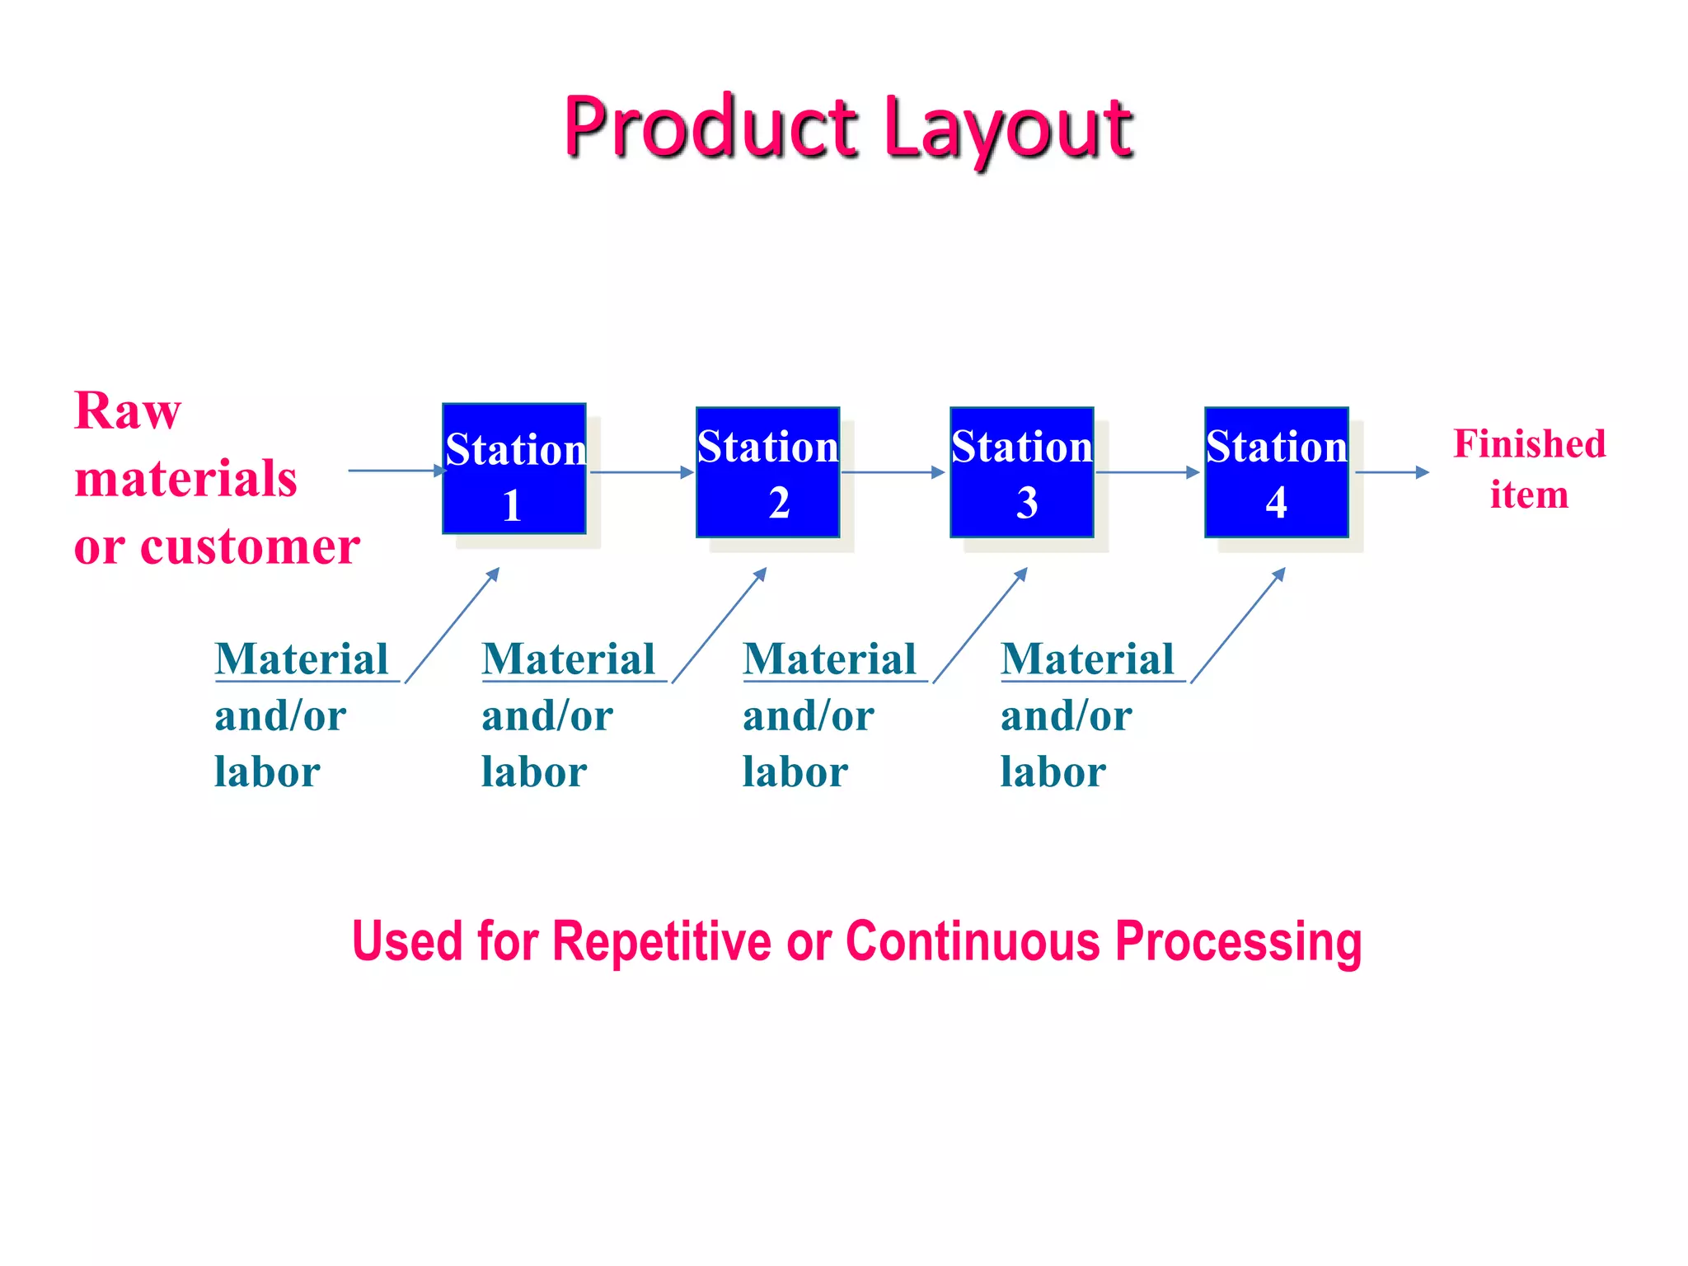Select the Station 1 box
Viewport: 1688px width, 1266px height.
tap(514, 469)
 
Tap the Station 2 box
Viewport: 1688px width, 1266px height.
tap(767, 472)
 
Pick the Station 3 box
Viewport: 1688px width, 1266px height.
tap(1021, 472)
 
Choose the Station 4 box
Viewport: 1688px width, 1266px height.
tap(1276, 472)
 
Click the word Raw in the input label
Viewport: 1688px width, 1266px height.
tap(127, 410)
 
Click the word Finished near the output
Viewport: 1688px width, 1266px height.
tap(1529, 443)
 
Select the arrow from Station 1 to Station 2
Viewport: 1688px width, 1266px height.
tap(641, 472)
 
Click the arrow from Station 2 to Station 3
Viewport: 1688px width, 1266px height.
tap(893, 472)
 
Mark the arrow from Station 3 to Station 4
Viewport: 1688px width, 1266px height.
tap(1147, 472)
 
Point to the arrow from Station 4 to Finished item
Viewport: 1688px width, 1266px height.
tap(1391, 472)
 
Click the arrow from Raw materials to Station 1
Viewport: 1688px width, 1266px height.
tap(396, 471)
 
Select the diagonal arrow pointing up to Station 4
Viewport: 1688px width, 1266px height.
tap(1238, 625)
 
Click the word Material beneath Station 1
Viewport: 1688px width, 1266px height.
tap(302, 659)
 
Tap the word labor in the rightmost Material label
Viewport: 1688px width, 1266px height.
tap(1053, 772)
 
